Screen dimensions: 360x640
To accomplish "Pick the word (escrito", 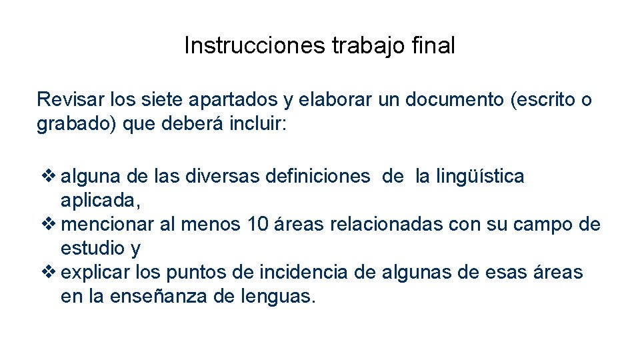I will click(543, 100).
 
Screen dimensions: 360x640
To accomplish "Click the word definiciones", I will click(317, 177).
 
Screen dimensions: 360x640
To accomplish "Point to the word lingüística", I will click(479, 177).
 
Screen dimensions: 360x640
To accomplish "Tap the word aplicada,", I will click(101, 201).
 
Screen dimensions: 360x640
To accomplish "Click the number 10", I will click(257, 225).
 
